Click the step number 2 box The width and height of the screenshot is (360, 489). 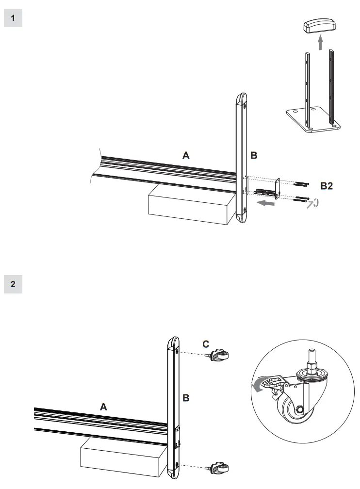pyautogui.click(x=13, y=284)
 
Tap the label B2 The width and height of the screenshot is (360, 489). pyautogui.click(x=326, y=186)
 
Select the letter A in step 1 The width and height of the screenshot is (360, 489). pyautogui.click(x=185, y=155)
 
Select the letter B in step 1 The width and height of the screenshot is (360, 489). pyautogui.click(x=253, y=156)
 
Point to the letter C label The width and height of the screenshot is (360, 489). pyautogui.click(x=206, y=344)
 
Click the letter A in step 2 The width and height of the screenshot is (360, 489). pyautogui.click(x=103, y=407)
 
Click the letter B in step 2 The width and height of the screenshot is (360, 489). pyautogui.click(x=186, y=398)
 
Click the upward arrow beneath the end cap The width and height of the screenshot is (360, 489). pyautogui.click(x=320, y=43)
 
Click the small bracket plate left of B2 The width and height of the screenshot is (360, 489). pyautogui.click(x=278, y=189)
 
